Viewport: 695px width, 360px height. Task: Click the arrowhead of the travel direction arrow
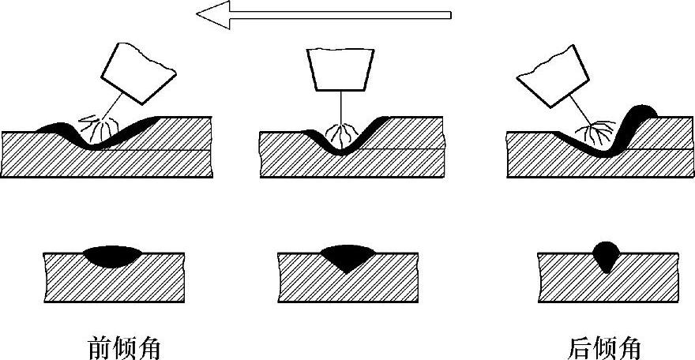click(212, 14)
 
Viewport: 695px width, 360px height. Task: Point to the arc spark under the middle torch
click(341, 133)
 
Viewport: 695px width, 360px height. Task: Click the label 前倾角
click(127, 347)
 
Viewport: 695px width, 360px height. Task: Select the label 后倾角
click(604, 347)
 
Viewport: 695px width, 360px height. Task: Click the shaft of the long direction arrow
click(340, 14)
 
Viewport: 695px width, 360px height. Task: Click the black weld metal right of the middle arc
click(371, 125)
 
